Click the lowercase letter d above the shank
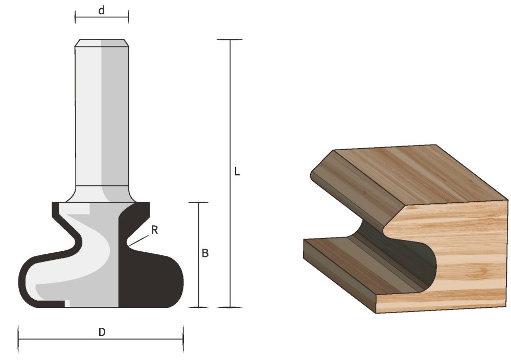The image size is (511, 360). (102, 10)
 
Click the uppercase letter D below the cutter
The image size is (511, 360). (102, 332)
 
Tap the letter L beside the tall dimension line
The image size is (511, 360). (237, 172)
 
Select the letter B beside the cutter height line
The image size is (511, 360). (205, 253)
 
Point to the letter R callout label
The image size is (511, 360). (154, 230)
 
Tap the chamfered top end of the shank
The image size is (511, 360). (102, 43)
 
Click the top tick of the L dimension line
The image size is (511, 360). (229, 40)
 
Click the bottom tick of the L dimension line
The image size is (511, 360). (229, 307)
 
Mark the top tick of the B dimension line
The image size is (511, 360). (198, 203)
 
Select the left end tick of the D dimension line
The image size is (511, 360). (18, 339)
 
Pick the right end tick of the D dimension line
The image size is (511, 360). (183, 339)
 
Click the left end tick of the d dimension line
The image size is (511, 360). (76, 17)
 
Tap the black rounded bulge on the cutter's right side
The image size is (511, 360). (164, 278)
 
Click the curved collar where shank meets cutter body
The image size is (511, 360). (102, 194)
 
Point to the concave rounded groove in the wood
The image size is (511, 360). (404, 255)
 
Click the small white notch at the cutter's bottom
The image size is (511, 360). (67, 304)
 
